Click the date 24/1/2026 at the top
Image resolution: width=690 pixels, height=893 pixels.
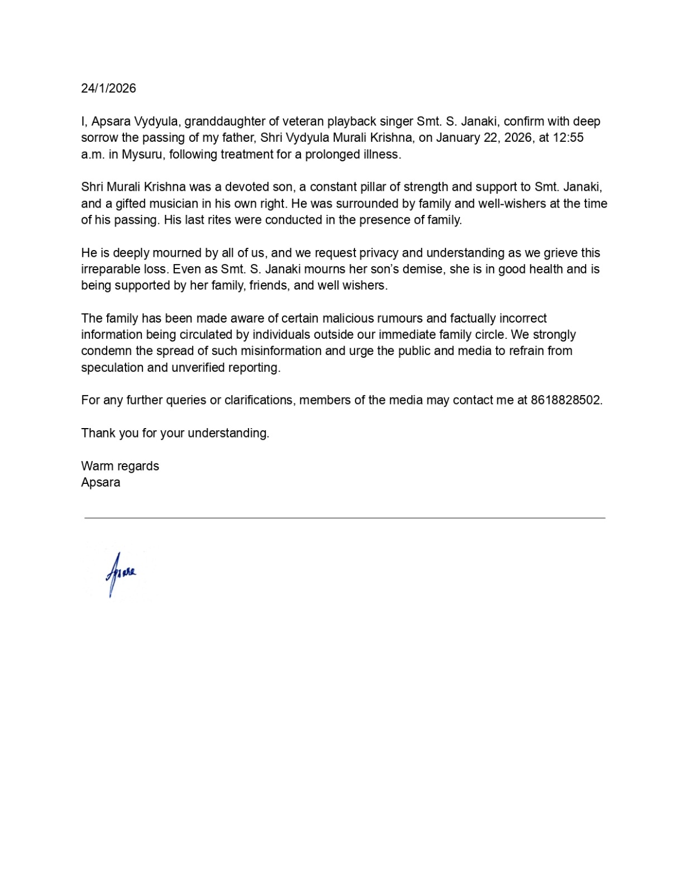tap(108, 88)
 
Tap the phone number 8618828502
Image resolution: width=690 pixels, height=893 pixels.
tap(566, 400)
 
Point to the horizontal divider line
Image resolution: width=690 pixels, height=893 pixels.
tap(344, 518)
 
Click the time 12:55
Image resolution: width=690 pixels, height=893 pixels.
tap(568, 138)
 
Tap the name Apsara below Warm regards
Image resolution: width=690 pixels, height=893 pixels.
tap(100, 482)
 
